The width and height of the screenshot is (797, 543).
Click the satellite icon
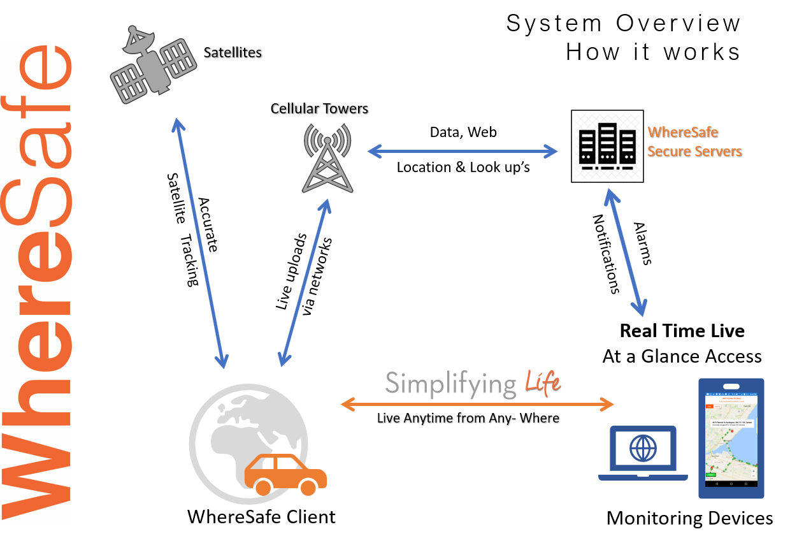[x=154, y=64]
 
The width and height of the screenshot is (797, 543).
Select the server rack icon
[x=607, y=147]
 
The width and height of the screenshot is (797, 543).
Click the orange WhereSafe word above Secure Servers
[x=682, y=133]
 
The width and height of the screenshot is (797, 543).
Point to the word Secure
[x=669, y=152]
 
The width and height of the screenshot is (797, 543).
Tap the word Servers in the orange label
[x=718, y=152]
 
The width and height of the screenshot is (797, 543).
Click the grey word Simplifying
[x=450, y=384]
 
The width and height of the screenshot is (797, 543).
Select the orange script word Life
[x=542, y=383]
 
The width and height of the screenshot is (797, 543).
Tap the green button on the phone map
[x=712, y=475]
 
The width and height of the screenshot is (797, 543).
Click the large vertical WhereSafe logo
[x=38, y=280]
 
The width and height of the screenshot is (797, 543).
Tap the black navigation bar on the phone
[x=731, y=484]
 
